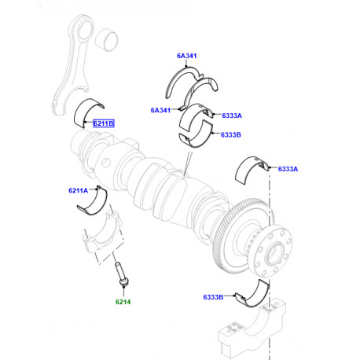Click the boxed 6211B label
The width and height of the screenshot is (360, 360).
pos(104,123)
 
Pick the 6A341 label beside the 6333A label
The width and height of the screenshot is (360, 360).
pos(162,111)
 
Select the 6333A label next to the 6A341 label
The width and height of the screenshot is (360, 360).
pos(231,116)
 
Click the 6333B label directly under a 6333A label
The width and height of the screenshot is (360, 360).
pos(231,134)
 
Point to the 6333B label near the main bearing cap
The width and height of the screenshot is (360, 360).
pos(215,297)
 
